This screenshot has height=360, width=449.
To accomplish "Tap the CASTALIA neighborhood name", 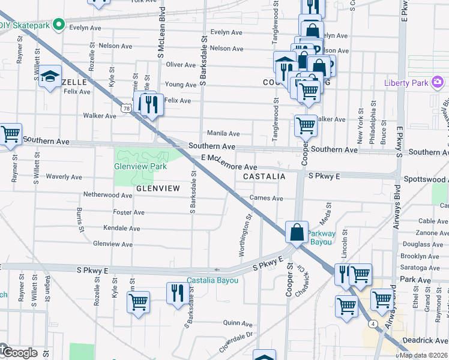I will pos(264,176).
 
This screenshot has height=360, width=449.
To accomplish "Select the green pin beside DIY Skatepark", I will pos(58,25).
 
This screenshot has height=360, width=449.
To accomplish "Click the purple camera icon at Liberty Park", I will pos(438,82).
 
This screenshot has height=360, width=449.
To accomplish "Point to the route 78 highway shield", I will pos(125,108).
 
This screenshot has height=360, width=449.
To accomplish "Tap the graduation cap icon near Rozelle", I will pos(50,76).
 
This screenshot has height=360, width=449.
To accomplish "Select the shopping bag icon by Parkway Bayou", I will pos(297,232).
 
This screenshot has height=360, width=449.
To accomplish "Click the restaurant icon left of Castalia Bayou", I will pos(176,293).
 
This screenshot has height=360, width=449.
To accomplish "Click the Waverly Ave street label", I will pos(64,177).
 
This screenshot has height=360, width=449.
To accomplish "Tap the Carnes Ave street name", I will pos(267,199).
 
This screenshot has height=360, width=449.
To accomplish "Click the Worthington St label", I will pos(246,236).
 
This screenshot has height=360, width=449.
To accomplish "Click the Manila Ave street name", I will pos(223,133).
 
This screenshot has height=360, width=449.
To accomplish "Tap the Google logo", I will pos(20,353).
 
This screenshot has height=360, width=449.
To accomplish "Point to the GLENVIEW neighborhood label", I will pos(158,188).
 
